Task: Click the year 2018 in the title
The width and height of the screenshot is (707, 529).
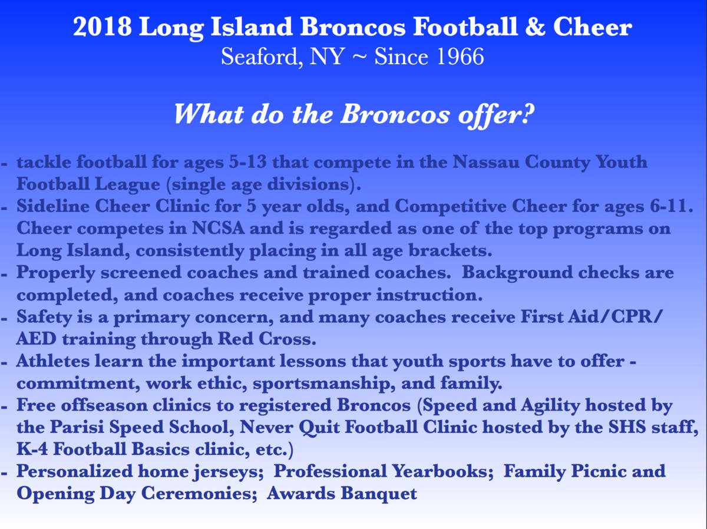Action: click(x=102, y=27)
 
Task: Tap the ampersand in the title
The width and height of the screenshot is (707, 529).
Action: click(x=536, y=27)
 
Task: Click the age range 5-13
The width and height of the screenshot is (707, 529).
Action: click(x=247, y=161)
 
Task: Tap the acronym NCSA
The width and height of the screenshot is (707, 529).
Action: click(x=218, y=229)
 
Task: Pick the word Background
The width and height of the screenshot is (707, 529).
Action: click(x=517, y=273)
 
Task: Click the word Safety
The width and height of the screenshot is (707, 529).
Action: click(x=44, y=318)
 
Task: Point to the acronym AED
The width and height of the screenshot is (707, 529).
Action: click(x=37, y=339)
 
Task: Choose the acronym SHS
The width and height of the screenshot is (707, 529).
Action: click(x=627, y=428)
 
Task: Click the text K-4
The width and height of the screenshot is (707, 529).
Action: click(x=32, y=450)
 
